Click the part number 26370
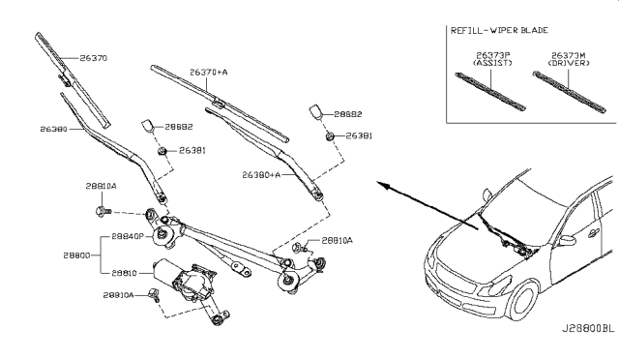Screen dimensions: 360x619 point(93,58)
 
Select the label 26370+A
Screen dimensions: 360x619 point(208,72)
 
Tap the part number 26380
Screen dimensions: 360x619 point(53,129)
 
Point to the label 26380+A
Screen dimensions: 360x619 point(260,175)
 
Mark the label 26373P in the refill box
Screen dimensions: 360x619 point(492,55)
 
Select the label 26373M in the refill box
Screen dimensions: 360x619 point(568,55)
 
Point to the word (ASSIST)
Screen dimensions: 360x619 point(492,64)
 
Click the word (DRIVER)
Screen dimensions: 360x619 point(568,64)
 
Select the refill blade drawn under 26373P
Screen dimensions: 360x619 point(492,88)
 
